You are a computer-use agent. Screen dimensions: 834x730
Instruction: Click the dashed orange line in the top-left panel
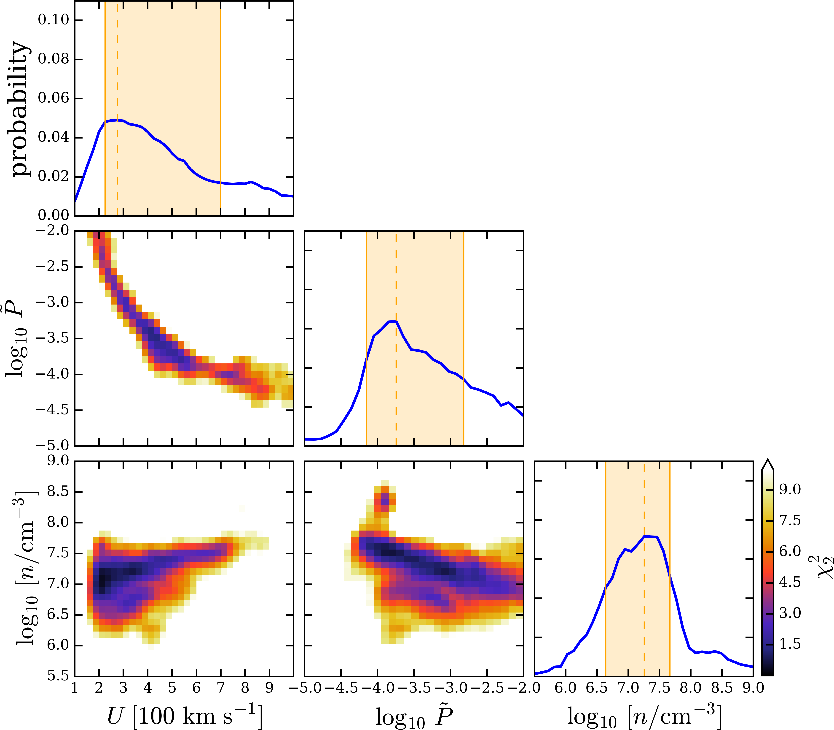point(117,108)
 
